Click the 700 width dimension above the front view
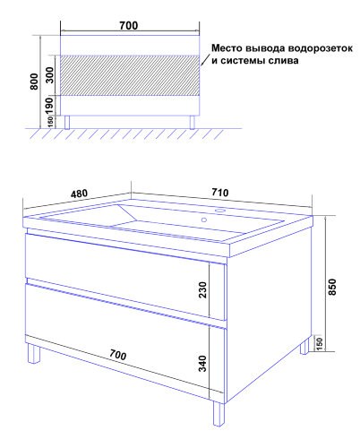click(129, 26)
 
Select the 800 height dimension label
click(34, 82)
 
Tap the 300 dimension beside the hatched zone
click(49, 75)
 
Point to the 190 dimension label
click(49, 107)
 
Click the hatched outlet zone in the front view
click(130, 75)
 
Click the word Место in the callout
click(227, 47)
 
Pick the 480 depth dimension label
click(79, 194)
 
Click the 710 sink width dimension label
click(220, 193)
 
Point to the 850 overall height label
click(332, 287)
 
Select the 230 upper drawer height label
click(202, 289)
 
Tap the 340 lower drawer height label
click(202, 363)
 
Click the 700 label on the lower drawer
click(117, 355)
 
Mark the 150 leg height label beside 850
click(319, 344)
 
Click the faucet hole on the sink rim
click(220, 211)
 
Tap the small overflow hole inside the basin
click(204, 220)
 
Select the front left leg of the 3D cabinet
click(33, 353)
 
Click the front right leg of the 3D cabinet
click(219, 413)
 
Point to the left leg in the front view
click(67, 122)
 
